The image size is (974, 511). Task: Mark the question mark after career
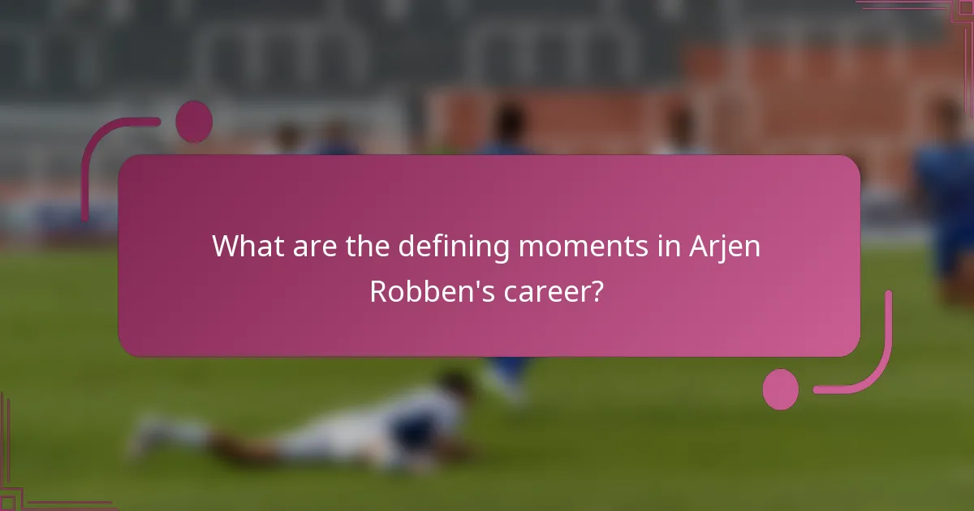[x=597, y=291]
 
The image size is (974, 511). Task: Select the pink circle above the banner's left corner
[x=194, y=122]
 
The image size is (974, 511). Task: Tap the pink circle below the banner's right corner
[x=781, y=389]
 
